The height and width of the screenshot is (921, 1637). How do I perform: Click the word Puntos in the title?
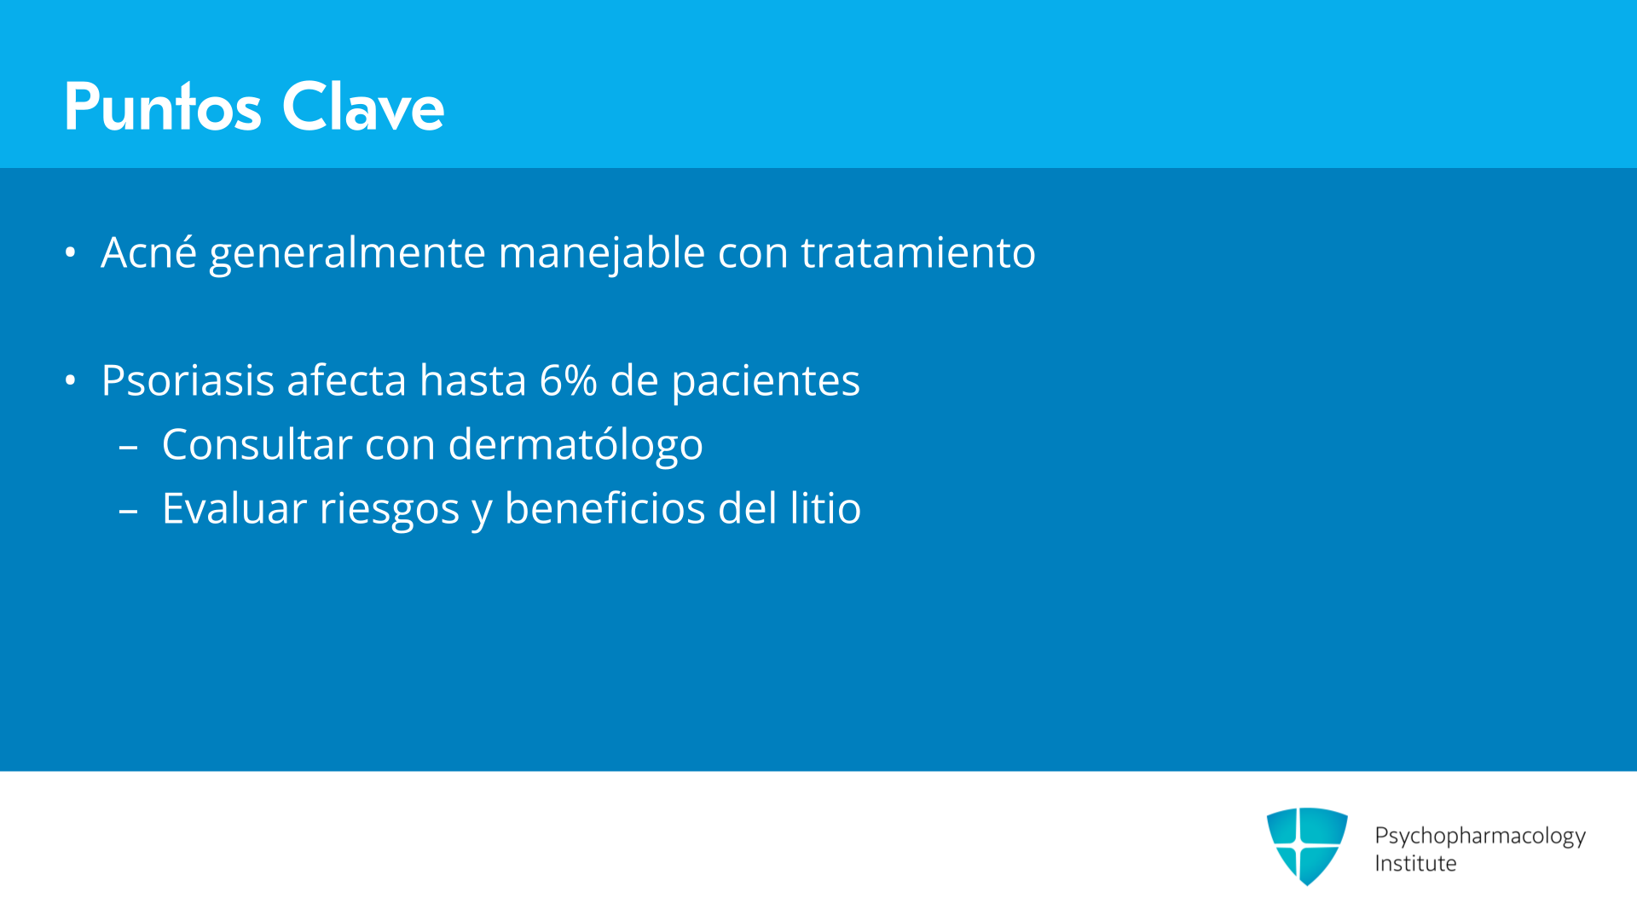click(x=163, y=107)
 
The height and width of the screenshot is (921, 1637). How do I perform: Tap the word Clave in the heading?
click(x=363, y=107)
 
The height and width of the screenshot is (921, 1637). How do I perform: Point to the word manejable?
click(x=602, y=253)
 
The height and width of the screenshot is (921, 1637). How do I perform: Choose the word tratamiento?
click(x=918, y=252)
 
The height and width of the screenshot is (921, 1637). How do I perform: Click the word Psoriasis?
click(x=188, y=380)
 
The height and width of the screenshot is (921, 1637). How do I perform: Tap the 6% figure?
click(x=568, y=380)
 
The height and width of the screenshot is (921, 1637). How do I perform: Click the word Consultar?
click(x=257, y=444)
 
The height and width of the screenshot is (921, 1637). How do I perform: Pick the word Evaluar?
click(x=234, y=508)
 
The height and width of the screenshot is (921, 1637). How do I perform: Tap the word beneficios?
click(x=604, y=508)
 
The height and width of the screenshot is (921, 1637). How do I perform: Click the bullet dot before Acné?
click(x=71, y=252)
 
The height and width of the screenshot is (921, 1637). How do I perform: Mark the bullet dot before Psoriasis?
click(x=71, y=380)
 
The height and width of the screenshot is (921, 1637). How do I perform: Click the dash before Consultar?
click(x=129, y=446)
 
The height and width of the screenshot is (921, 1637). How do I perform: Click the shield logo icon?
click(x=1307, y=846)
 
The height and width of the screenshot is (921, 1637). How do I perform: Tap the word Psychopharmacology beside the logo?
click(x=1480, y=837)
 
